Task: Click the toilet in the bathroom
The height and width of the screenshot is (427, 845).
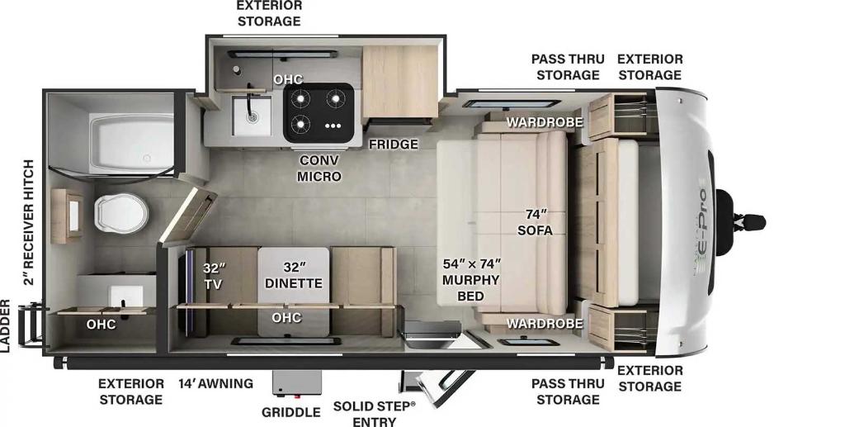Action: pos(121,212)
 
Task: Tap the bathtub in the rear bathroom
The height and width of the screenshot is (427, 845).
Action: pos(131,144)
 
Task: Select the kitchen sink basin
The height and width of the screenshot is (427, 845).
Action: pos(252,116)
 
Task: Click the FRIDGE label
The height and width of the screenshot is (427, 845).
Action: pos(394,144)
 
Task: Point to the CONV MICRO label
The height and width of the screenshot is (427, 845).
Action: pos(319,168)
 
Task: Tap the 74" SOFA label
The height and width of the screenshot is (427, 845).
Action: pos(535,222)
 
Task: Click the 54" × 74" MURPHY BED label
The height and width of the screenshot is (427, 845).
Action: pos(471,280)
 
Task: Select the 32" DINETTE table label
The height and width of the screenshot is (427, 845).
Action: pos(295,275)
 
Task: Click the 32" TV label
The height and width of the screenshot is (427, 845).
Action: pos(214,276)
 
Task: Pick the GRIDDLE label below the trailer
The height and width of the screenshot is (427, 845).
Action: pos(291,412)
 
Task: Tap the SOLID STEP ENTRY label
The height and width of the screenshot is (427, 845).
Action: pos(375,413)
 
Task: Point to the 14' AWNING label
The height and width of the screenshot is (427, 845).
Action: pos(216,383)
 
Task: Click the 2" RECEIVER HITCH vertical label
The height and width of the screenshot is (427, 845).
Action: pos(27,222)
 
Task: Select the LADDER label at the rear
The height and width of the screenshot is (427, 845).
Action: pos(5,326)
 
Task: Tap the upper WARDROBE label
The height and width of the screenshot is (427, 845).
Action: pos(545,122)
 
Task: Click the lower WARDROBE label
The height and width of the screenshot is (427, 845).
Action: pos(545,323)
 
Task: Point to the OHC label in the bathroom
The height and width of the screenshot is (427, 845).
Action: pos(101,324)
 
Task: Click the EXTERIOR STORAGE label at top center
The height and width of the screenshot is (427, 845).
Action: pos(269,13)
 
